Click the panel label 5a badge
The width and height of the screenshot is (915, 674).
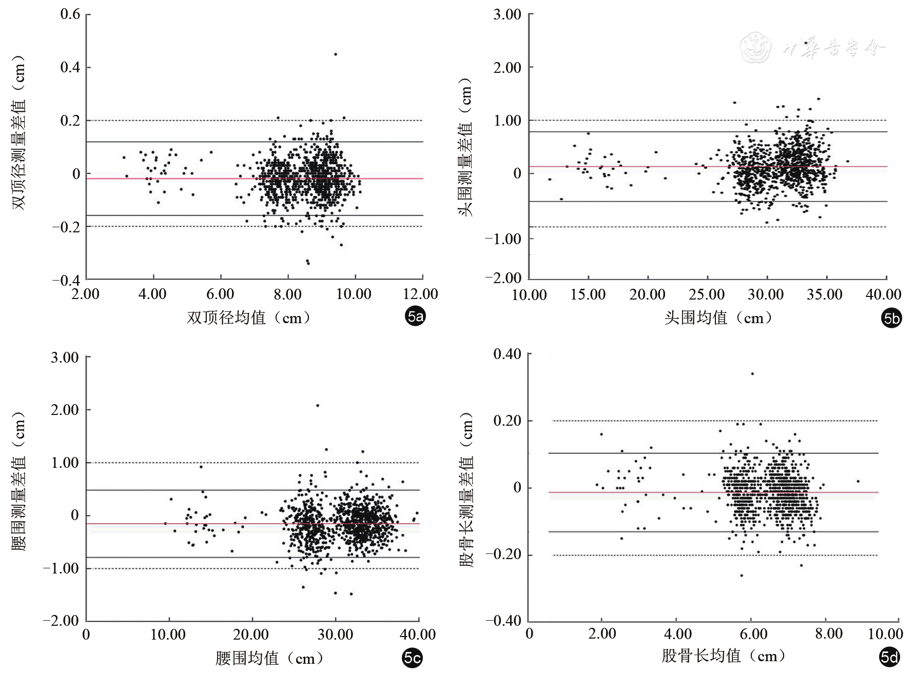click(415, 318)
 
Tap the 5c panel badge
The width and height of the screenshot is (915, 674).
click(412, 658)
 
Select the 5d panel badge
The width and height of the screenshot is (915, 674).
click(889, 657)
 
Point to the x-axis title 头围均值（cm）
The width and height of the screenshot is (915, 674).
click(718, 318)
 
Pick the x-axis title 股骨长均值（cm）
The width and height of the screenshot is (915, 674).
click(724, 656)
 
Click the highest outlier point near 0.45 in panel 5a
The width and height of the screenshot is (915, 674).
click(336, 54)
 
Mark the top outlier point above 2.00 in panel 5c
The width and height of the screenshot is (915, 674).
click(318, 405)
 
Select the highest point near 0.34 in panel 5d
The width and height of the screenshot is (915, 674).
click(752, 373)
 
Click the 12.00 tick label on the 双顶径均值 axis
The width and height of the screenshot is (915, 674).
click(421, 294)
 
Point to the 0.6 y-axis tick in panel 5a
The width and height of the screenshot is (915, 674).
click(70, 14)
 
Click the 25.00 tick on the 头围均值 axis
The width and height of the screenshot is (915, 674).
click(707, 295)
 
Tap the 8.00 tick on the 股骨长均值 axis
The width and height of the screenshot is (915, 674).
click(828, 633)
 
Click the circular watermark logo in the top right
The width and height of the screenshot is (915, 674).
click(756, 48)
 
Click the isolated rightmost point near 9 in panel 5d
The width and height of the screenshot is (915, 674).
click(858, 481)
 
